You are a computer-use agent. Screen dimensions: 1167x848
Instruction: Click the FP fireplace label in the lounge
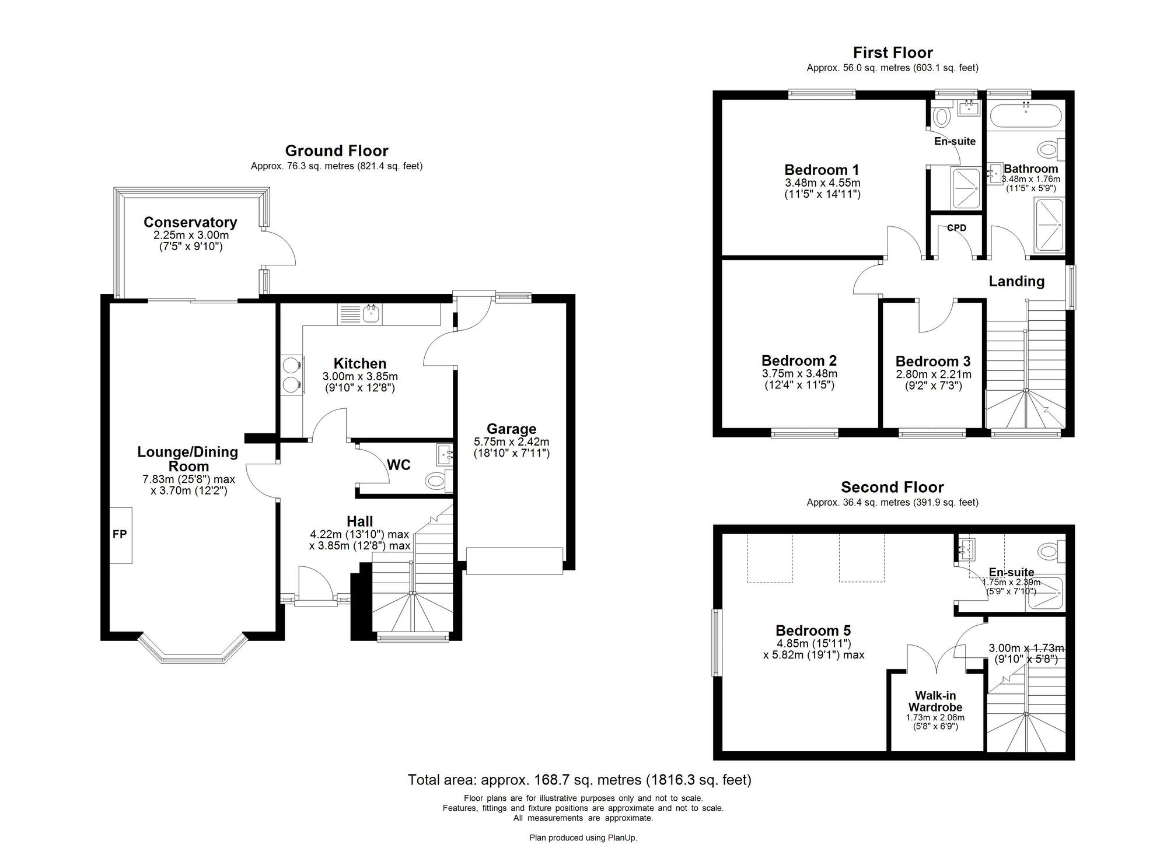click(120, 534)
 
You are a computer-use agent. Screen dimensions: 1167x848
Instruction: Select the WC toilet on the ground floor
click(438, 481)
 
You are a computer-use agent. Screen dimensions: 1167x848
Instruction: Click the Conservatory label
click(190, 222)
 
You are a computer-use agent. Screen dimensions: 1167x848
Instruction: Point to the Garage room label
click(511, 429)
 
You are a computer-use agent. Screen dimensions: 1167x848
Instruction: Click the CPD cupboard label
click(956, 228)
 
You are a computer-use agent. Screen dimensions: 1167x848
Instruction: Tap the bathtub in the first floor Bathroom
click(1026, 115)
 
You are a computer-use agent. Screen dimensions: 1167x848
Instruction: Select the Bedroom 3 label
click(933, 362)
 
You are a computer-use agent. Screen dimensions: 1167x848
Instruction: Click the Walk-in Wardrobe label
click(935, 701)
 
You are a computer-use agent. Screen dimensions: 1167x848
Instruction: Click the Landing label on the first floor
click(1016, 281)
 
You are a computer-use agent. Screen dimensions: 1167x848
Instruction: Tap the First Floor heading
click(893, 53)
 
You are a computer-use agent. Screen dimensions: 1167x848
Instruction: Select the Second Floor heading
click(892, 487)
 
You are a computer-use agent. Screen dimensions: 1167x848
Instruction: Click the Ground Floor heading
click(337, 151)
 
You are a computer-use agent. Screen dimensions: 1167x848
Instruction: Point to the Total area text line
click(579, 780)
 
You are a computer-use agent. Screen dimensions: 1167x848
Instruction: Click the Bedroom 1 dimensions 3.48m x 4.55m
click(822, 183)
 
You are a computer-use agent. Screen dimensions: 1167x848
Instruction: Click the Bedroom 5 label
click(813, 630)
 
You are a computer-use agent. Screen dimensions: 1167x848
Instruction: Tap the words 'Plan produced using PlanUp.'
click(583, 838)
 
